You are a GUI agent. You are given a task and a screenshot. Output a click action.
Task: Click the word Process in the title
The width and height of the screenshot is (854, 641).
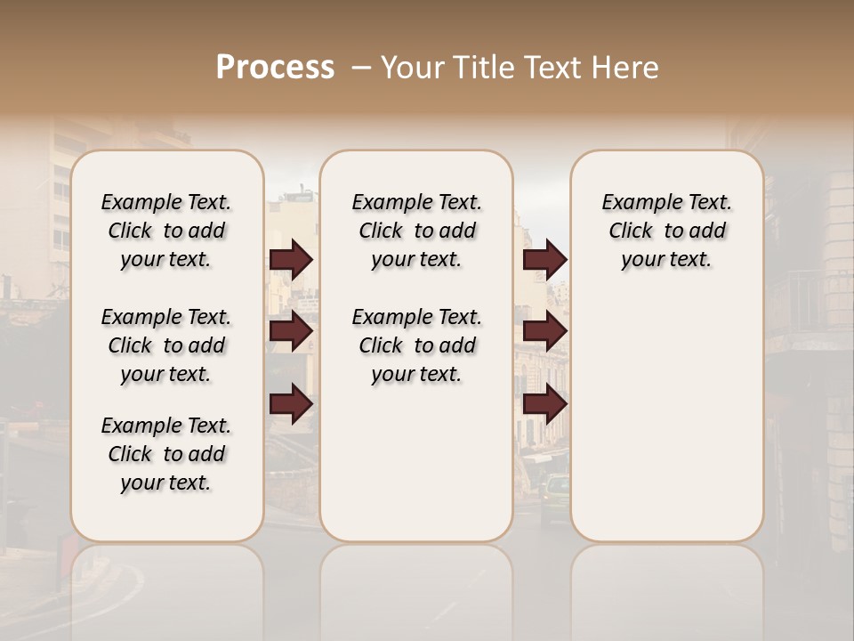(275, 68)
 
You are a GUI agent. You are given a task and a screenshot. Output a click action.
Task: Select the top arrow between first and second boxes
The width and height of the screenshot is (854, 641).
(291, 260)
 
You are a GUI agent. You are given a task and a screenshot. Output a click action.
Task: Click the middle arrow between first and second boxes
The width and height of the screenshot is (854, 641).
(291, 332)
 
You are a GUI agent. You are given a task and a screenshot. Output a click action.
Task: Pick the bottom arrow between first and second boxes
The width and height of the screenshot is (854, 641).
(291, 405)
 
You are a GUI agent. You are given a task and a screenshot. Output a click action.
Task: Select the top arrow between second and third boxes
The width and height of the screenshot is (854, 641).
(544, 260)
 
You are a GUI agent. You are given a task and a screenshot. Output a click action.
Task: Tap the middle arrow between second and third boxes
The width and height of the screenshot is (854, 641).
(544, 332)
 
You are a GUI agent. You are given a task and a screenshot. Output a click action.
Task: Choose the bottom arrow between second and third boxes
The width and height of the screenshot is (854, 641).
(544, 405)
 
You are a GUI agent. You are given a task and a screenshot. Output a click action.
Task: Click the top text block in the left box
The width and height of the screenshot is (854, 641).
(166, 231)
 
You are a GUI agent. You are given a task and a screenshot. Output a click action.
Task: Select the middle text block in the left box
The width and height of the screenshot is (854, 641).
(166, 345)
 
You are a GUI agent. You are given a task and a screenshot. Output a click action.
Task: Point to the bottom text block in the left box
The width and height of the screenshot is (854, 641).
(166, 454)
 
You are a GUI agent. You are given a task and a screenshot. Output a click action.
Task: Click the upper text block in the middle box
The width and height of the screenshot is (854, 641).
(416, 231)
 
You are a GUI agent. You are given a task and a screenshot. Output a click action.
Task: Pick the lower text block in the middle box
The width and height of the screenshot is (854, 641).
(416, 345)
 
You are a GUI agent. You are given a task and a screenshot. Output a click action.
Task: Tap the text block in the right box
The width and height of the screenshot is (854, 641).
(667, 231)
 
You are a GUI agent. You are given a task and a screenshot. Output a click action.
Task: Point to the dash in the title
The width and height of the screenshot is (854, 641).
(361, 68)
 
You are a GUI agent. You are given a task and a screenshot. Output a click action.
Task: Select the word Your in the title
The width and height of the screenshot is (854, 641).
(413, 68)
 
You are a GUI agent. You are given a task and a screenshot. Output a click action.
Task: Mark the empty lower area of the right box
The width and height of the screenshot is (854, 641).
(667, 418)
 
